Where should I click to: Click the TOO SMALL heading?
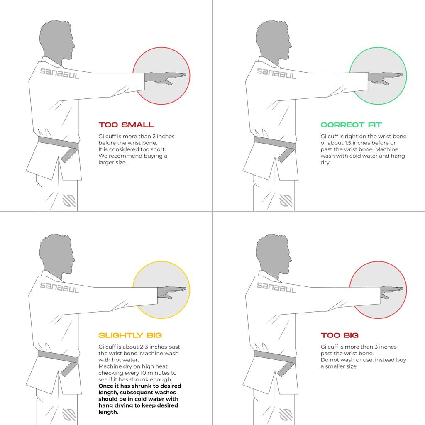click(x=126, y=125)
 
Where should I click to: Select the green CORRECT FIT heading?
click(x=351, y=125)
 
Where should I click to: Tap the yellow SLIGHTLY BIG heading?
click(x=130, y=335)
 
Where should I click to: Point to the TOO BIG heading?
click(x=340, y=335)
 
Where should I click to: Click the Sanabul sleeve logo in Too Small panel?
click(x=60, y=73)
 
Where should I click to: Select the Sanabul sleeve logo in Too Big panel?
click(x=276, y=288)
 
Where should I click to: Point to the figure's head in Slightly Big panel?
click(x=57, y=255)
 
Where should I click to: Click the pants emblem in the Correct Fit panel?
click(x=286, y=200)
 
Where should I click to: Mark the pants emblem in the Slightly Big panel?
click(x=69, y=415)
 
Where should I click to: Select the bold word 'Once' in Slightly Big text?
click(x=105, y=386)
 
